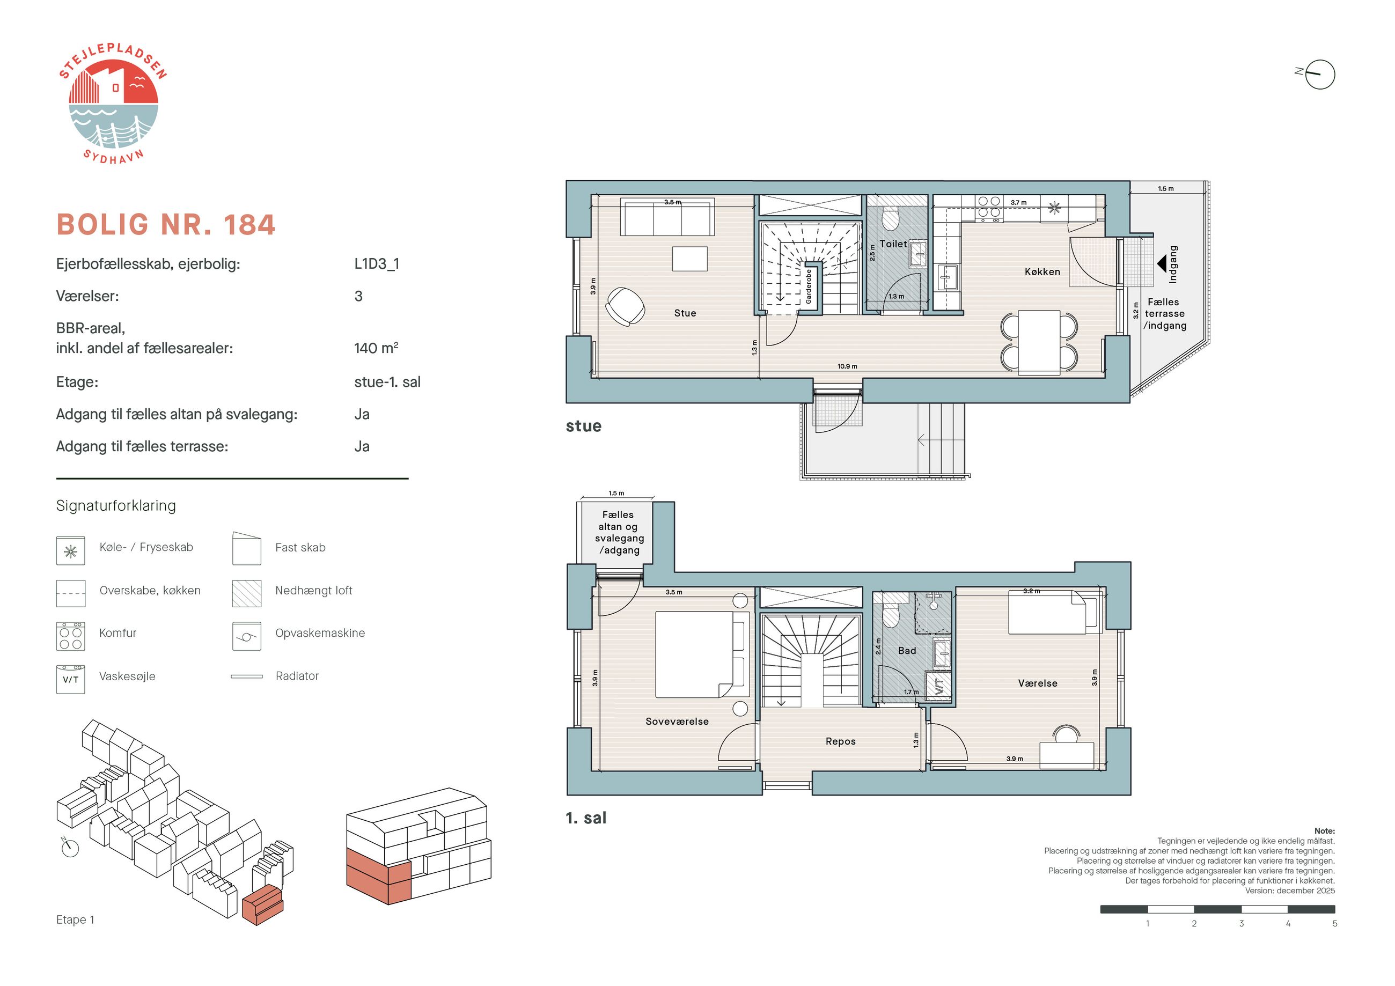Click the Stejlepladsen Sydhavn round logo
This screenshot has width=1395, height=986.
[113, 104]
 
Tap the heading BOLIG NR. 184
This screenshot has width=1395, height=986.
[166, 225]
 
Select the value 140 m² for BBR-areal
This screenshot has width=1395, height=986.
[376, 348]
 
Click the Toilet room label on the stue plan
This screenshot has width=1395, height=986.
[893, 244]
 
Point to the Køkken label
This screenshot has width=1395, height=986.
[1042, 271]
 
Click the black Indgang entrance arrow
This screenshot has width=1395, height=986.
[1161, 263]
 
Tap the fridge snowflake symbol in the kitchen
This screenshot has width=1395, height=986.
[1054, 208]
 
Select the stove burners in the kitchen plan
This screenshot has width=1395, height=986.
[988, 207]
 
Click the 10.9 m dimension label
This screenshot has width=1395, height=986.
[847, 366]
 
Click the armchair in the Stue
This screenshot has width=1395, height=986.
[625, 306]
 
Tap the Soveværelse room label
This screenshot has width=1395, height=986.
[677, 721]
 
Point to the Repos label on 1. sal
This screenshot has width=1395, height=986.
[840, 741]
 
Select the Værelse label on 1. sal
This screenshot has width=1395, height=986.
[1038, 683]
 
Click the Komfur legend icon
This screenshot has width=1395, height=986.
[70, 636]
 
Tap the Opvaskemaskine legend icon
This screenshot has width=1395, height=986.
[247, 636]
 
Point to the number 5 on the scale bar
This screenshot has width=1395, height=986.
[1335, 923]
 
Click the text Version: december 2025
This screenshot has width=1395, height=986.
[1290, 891]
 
